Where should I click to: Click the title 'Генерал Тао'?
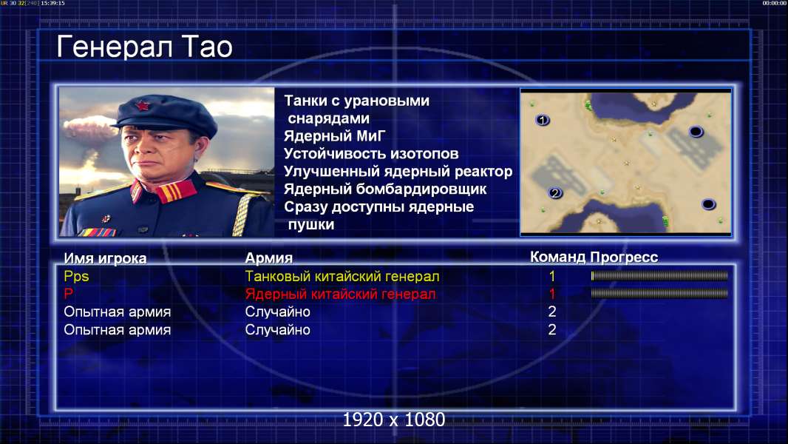tap(144, 47)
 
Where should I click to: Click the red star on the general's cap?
tap(142, 105)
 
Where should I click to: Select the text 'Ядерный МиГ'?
tap(335, 135)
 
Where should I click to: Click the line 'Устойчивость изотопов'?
tap(371, 153)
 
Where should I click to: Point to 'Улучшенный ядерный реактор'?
tap(398, 172)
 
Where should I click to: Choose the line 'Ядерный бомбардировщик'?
tap(385, 189)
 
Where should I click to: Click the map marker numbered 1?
tap(542, 120)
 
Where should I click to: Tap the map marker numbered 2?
tap(555, 193)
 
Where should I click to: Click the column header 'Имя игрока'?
tap(105, 258)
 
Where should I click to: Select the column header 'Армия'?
tap(269, 258)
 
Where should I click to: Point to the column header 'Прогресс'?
tap(624, 257)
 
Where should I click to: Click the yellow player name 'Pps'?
tap(76, 276)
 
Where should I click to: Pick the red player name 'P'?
tap(68, 293)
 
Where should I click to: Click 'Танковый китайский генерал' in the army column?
tap(342, 276)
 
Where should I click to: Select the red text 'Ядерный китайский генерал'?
tap(340, 294)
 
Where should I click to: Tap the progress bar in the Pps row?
tap(659, 275)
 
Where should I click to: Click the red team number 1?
tap(551, 294)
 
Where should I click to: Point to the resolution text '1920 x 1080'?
tap(394, 420)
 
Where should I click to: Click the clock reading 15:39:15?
tap(52, 3)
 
